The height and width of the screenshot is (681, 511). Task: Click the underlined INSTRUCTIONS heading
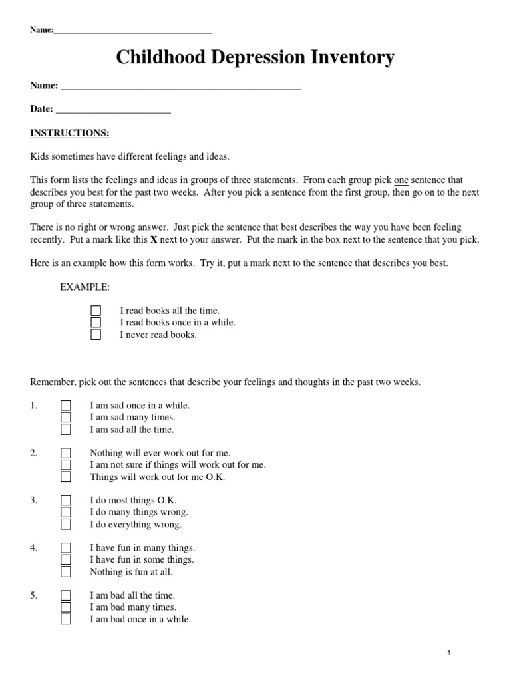(70, 133)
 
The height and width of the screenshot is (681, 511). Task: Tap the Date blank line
(113, 110)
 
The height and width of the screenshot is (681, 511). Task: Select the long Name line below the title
(180, 86)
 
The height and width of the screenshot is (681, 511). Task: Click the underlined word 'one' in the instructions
(401, 180)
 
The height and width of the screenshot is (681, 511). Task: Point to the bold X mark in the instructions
(154, 239)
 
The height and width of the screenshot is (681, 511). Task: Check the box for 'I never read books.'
(96, 335)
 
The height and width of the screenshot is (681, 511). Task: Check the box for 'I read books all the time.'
(96, 311)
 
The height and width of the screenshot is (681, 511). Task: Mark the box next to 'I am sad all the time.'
(66, 430)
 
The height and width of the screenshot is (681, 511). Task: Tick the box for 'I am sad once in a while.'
(66, 406)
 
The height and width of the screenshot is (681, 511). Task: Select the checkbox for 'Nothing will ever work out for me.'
(66, 453)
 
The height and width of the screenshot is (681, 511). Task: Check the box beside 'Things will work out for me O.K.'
(66, 477)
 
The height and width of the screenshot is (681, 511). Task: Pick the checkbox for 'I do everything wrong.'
(66, 524)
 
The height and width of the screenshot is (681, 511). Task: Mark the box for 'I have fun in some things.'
(66, 560)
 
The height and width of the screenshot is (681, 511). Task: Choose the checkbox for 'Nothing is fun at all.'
(66, 572)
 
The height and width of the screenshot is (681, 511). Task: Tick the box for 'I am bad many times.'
(66, 607)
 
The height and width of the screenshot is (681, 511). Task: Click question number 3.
(34, 501)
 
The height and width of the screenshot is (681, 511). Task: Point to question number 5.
(34, 596)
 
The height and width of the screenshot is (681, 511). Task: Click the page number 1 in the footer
(450, 653)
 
